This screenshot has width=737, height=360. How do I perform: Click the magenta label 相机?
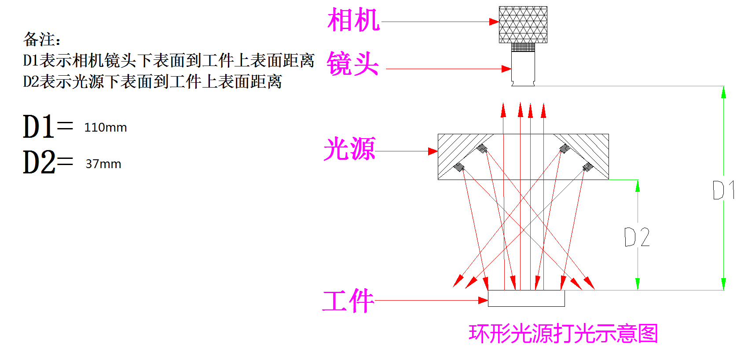(x=353, y=20)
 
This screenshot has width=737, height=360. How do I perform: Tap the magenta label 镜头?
(x=352, y=64)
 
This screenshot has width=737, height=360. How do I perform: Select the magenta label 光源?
(x=349, y=149)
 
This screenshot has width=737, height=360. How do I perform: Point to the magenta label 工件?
(x=348, y=301)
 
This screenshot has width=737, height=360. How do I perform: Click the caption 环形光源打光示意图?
(x=563, y=334)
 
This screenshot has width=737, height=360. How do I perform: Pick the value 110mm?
(x=106, y=128)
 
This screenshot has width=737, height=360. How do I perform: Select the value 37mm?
(x=103, y=164)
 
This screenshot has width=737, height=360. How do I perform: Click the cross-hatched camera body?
(x=523, y=25)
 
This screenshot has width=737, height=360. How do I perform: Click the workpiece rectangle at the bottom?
(x=526, y=298)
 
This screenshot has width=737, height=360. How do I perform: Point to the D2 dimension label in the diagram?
(x=637, y=237)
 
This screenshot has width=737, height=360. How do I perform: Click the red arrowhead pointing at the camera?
(x=494, y=22)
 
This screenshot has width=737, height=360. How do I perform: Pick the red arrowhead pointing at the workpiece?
(x=483, y=301)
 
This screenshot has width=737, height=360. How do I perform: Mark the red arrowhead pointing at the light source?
(x=433, y=151)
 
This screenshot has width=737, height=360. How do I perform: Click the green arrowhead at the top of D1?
(x=723, y=92)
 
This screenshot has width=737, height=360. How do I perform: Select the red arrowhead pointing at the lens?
(x=506, y=69)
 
